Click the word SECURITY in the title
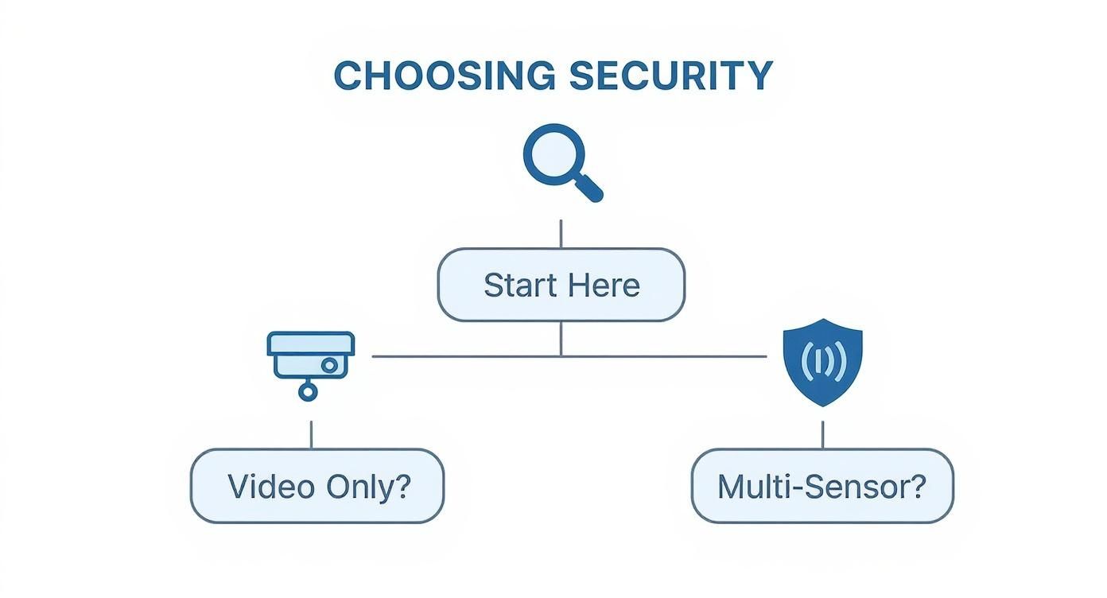coord(670,76)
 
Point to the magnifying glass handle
coord(589,188)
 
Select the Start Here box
coord(561,285)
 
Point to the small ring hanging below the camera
coord(308,390)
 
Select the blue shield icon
coord(822,362)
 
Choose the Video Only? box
coord(317,486)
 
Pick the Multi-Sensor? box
coord(822,486)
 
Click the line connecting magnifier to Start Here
coord(561,234)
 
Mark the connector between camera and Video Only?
coord(311,434)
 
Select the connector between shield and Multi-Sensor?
coord(822,434)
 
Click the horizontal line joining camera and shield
coord(477,356)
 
